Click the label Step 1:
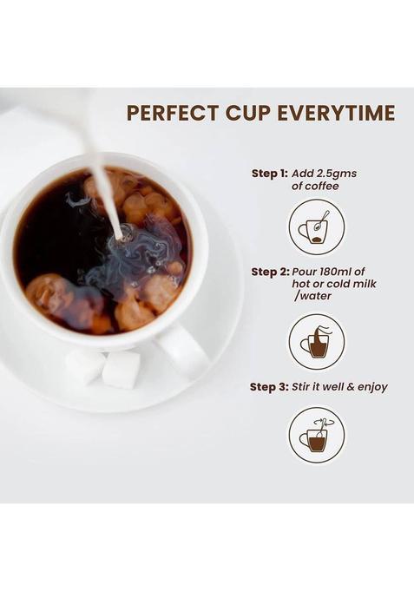tap(270, 174)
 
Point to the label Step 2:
tap(270, 272)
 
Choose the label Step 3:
tap(269, 387)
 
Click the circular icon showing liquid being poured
tap(317, 342)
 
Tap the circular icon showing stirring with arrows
tap(317, 436)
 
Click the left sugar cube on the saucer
tap(85, 366)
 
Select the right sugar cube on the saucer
tap(122, 370)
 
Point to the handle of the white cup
tap(182, 350)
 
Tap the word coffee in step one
tap(315, 187)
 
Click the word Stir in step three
tap(300, 387)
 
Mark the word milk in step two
tap(363, 284)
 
